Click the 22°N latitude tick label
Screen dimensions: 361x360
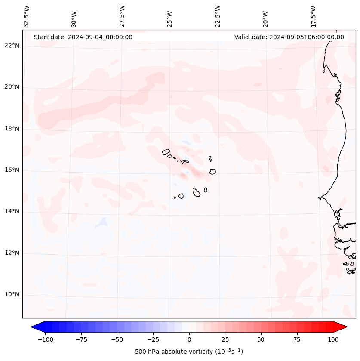tap(12, 46)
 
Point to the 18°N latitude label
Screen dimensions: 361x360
tap(12, 129)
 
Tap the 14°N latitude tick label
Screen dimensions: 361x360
tap(12, 212)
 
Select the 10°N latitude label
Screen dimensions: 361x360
tap(12, 295)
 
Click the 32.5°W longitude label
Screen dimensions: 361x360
tap(27, 16)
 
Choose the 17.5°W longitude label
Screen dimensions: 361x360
tap(313, 16)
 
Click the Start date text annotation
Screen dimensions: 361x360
tap(83, 37)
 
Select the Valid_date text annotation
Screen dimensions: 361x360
tap(289, 37)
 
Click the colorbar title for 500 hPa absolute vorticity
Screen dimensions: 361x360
tap(189, 352)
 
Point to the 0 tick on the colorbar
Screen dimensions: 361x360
tap(189, 339)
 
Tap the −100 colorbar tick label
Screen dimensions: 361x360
tap(45, 339)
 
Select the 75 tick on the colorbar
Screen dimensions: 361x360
tap(297, 339)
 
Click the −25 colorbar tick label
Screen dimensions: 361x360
tap(153, 339)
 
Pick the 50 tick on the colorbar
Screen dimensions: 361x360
tap(261, 339)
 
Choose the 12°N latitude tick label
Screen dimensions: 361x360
tap(12, 253)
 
